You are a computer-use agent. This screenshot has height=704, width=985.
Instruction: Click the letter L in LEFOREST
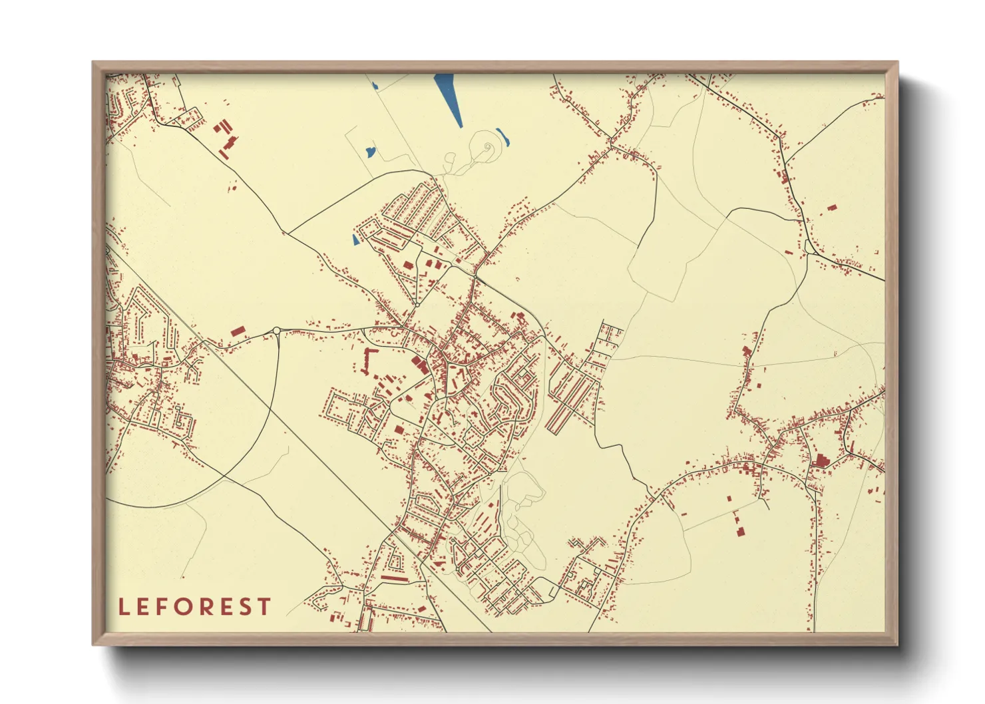tap(123, 607)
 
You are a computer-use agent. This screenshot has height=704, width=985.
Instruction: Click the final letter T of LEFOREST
tap(266, 607)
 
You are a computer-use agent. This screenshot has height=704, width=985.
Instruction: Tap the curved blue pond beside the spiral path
tap(503, 137)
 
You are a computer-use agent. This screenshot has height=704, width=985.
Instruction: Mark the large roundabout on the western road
tap(276, 331)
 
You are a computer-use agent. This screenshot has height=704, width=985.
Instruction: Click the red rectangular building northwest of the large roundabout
tap(238, 331)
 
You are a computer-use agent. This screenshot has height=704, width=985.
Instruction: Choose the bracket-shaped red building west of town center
tap(367, 359)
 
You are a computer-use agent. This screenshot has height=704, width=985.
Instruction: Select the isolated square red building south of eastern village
tap(740, 531)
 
